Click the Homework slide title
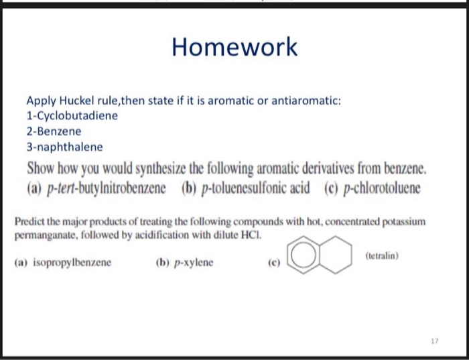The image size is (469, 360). coord(234,48)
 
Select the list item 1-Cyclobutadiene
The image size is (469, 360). coord(72,116)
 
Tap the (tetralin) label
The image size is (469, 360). coord(383,255)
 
